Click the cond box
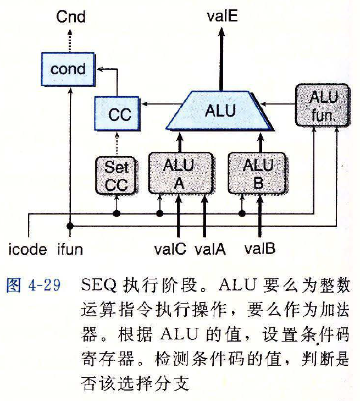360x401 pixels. click(x=68, y=69)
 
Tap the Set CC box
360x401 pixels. click(x=116, y=175)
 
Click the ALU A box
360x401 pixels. click(x=178, y=174)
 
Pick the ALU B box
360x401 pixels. click(x=257, y=174)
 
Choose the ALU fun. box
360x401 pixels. click(x=319, y=105)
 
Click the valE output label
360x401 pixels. click(x=222, y=17)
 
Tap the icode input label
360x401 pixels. click(x=29, y=250)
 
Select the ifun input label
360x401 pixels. click(x=70, y=250)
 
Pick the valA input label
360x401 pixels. click(x=210, y=250)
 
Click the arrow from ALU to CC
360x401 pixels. click(x=157, y=103)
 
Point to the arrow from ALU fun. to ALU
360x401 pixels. click(x=280, y=103)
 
